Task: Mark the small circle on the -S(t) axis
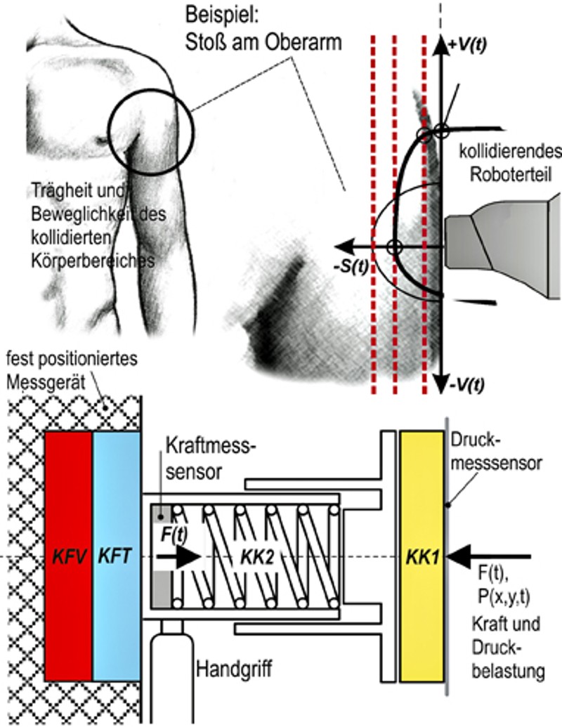click(x=394, y=247)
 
